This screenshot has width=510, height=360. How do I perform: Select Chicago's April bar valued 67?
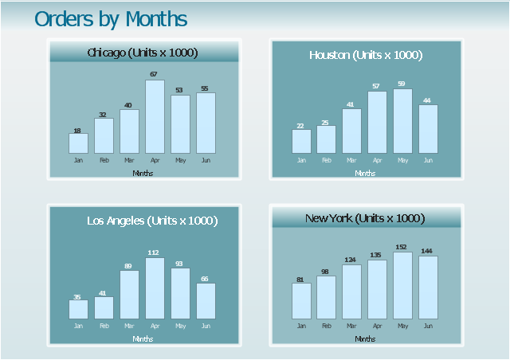click(155, 116)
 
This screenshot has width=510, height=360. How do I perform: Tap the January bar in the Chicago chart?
click(78, 143)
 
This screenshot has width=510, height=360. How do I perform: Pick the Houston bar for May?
click(402, 121)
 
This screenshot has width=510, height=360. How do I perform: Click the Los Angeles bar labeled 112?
click(155, 288)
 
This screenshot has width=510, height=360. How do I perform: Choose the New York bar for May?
click(402, 285)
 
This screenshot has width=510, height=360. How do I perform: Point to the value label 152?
click(402, 247)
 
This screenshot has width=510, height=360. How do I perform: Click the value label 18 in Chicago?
click(77, 131)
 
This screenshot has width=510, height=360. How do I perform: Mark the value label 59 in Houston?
click(402, 84)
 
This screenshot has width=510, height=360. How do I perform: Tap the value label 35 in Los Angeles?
click(77, 297)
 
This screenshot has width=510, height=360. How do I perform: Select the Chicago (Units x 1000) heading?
click(143, 53)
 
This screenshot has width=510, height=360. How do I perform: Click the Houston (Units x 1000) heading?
click(366, 55)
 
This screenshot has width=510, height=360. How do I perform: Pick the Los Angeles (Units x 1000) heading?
click(152, 221)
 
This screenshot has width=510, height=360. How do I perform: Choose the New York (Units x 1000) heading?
click(365, 218)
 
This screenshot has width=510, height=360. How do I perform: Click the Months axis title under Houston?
click(365, 173)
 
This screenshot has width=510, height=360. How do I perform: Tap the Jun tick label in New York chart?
click(428, 326)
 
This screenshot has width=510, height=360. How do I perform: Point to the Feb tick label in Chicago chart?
click(104, 160)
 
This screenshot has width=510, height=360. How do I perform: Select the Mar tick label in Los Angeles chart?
click(129, 326)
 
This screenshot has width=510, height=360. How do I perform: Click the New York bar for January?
click(301, 300)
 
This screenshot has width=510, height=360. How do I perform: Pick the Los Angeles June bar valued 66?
click(206, 300)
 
